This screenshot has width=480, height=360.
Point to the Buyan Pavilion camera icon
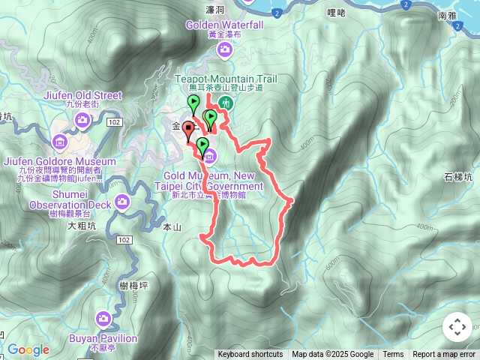104,319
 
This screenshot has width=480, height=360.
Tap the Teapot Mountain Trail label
226,79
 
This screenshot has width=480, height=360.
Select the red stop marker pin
187,130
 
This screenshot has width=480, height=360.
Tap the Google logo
28,349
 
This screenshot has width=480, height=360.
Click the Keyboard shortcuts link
250,355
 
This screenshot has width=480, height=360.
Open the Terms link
393,355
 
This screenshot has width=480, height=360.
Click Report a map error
444,355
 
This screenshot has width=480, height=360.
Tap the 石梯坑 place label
457,178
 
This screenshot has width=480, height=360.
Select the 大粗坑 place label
82,225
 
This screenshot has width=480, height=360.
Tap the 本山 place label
172,227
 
